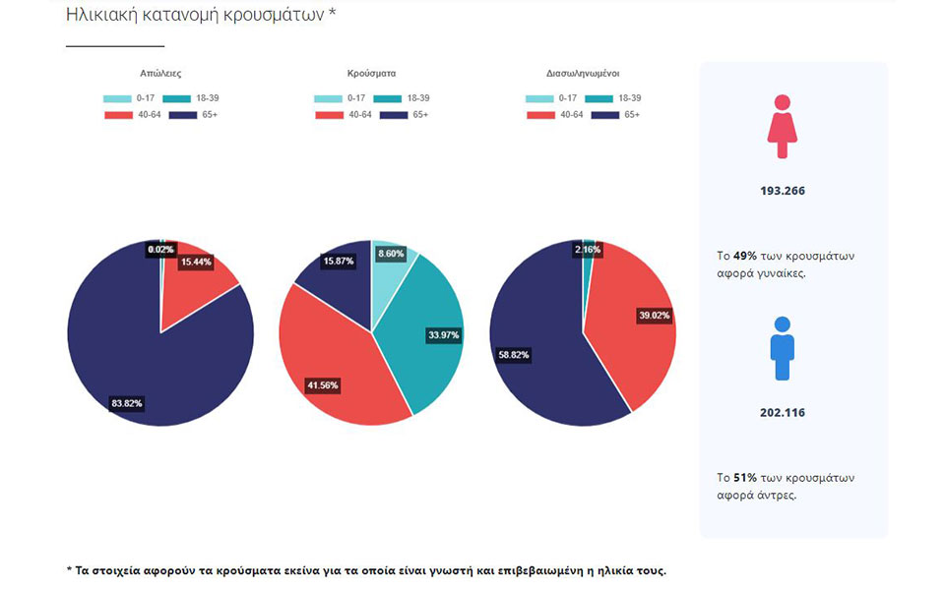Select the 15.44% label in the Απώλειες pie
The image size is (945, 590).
[x=196, y=263]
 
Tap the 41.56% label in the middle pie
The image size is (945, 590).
[x=322, y=385]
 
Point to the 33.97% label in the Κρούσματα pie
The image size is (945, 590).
[x=441, y=335]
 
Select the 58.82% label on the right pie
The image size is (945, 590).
[x=514, y=355]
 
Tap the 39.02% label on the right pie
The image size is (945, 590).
[x=656, y=316]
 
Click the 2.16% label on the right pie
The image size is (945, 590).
[x=587, y=250]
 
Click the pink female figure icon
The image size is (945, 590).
[x=782, y=127]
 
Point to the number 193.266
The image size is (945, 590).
[x=783, y=191]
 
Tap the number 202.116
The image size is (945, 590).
[x=783, y=413]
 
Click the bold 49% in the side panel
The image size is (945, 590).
[x=744, y=256]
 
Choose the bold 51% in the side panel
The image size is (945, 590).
[x=744, y=478]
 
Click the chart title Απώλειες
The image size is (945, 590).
[x=160, y=74]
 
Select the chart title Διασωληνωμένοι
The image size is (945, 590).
[x=583, y=74]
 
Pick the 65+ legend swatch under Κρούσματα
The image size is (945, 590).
[x=394, y=115]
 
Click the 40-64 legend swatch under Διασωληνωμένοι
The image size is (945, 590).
[x=540, y=115]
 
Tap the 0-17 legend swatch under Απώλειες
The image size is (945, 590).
[x=117, y=98]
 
